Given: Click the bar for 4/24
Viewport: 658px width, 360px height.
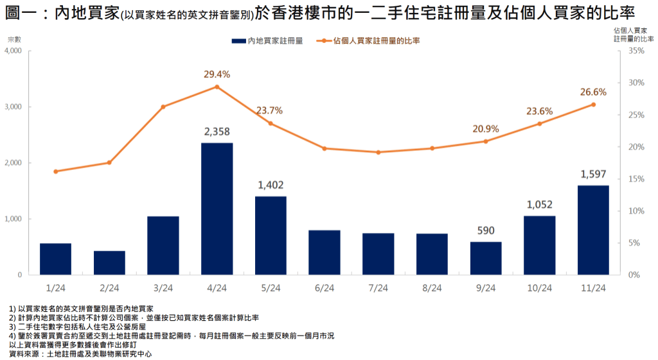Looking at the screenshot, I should [217, 209].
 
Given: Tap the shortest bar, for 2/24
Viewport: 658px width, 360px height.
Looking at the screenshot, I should [109, 262].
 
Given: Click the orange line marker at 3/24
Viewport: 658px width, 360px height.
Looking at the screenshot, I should [163, 107].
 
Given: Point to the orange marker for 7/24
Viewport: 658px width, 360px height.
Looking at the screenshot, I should [378, 152].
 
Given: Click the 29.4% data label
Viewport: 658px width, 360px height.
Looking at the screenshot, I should [217, 74].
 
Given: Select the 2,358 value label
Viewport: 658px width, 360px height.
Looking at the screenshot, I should [217, 132].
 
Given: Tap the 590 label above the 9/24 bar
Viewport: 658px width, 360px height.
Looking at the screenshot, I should [486, 231].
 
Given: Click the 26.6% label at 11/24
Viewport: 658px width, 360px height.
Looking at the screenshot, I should [593, 92].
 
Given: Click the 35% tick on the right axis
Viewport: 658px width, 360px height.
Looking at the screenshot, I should [636, 51].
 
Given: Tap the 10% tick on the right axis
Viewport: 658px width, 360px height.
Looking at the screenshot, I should [636, 211].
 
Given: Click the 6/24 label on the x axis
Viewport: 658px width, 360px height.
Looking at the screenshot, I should [325, 287].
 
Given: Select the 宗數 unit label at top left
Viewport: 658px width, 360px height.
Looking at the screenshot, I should [14, 40].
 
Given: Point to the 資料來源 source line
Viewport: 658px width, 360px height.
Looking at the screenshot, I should [80, 354].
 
